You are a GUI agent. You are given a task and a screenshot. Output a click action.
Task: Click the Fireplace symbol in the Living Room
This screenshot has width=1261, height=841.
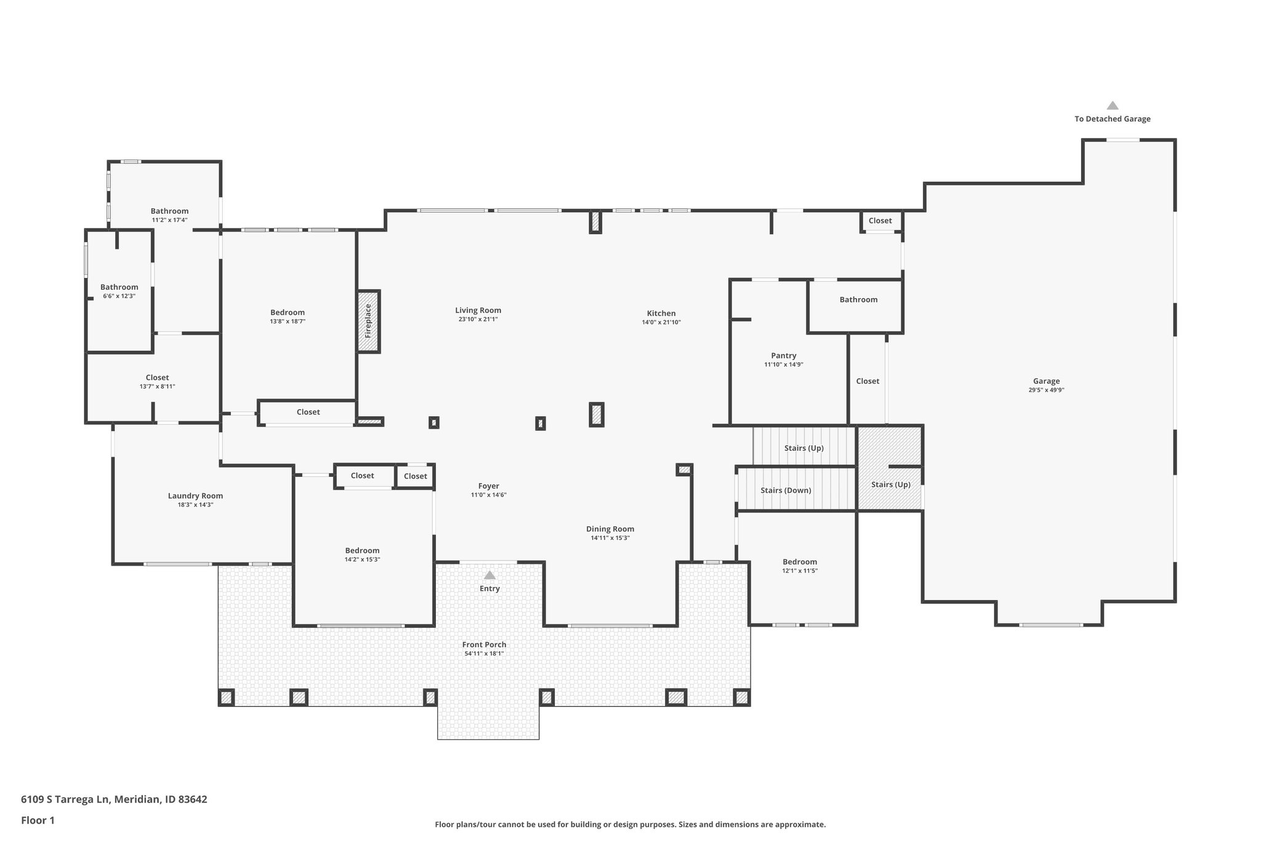click(x=369, y=321)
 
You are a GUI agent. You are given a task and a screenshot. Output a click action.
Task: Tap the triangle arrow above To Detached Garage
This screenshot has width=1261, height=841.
click(x=1112, y=106)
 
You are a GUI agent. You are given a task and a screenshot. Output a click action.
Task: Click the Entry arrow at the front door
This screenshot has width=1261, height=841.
click(x=489, y=575)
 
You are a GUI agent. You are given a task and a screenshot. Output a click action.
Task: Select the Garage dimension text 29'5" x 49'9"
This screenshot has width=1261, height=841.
click(x=1046, y=390)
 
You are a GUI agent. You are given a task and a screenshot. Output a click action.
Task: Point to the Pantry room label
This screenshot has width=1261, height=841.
click(x=783, y=355)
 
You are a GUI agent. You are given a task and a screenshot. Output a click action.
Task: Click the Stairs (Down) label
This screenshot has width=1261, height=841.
click(x=786, y=490)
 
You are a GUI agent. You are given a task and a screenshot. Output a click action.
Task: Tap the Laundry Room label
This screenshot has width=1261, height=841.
click(x=195, y=496)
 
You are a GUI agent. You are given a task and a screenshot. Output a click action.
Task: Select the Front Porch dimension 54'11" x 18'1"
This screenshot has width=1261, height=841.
click(x=484, y=654)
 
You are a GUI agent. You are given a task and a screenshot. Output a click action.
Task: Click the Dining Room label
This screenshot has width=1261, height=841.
click(x=610, y=529)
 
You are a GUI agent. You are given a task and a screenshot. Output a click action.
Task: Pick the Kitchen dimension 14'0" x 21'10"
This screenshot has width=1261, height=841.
click(x=661, y=322)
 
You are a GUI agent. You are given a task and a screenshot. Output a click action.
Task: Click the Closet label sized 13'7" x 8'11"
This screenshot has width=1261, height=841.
click(x=157, y=378)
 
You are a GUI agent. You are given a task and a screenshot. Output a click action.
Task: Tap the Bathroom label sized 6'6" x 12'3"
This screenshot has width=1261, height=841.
click(x=119, y=287)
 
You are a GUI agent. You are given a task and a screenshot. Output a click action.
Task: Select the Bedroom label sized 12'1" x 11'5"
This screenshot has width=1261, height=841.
click(x=799, y=562)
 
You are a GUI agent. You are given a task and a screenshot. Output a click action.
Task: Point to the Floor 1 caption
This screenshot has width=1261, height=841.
click(x=38, y=820)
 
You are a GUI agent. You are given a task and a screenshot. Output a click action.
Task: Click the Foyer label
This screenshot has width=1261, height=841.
click(x=488, y=486)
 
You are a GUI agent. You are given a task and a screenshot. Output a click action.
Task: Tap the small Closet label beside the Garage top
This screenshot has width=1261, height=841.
click(x=880, y=221)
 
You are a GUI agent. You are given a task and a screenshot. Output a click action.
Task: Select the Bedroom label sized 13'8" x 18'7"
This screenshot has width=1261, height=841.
click(x=288, y=312)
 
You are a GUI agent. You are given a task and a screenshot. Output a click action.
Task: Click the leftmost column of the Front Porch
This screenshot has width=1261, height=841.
click(x=226, y=697)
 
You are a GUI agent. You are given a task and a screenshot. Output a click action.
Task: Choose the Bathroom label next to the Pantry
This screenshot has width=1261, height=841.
click(x=858, y=299)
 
